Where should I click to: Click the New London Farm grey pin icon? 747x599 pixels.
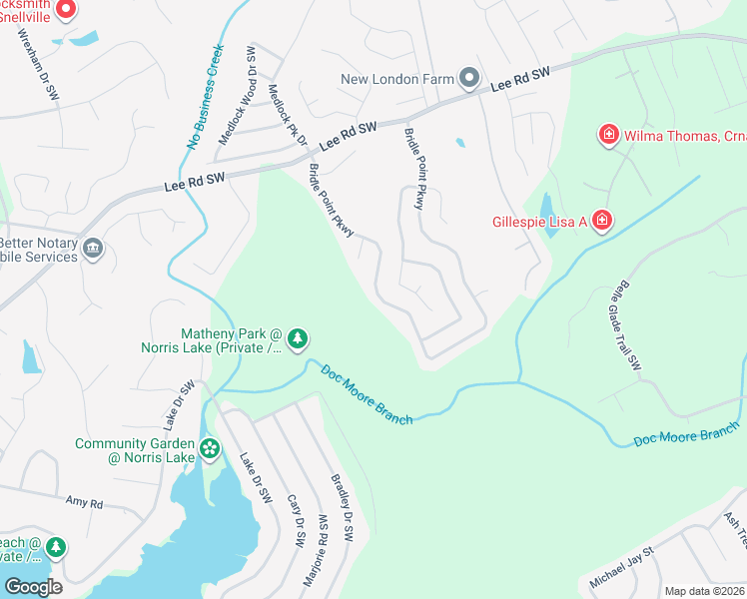click(x=469, y=79)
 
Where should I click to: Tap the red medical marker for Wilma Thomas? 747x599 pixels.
click(x=606, y=134)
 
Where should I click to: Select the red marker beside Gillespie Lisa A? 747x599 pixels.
click(x=601, y=221)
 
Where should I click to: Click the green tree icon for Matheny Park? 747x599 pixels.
click(x=297, y=341)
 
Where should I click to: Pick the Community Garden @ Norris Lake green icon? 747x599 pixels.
click(x=209, y=448)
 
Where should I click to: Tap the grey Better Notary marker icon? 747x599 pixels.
click(x=93, y=249)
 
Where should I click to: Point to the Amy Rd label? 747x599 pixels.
click(x=84, y=503)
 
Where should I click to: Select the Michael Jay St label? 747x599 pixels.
click(x=620, y=566)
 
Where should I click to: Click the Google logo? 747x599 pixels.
click(x=33, y=587)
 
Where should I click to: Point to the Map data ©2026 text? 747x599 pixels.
click(x=703, y=591)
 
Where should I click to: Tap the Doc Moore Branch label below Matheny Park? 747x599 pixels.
click(x=367, y=393)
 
